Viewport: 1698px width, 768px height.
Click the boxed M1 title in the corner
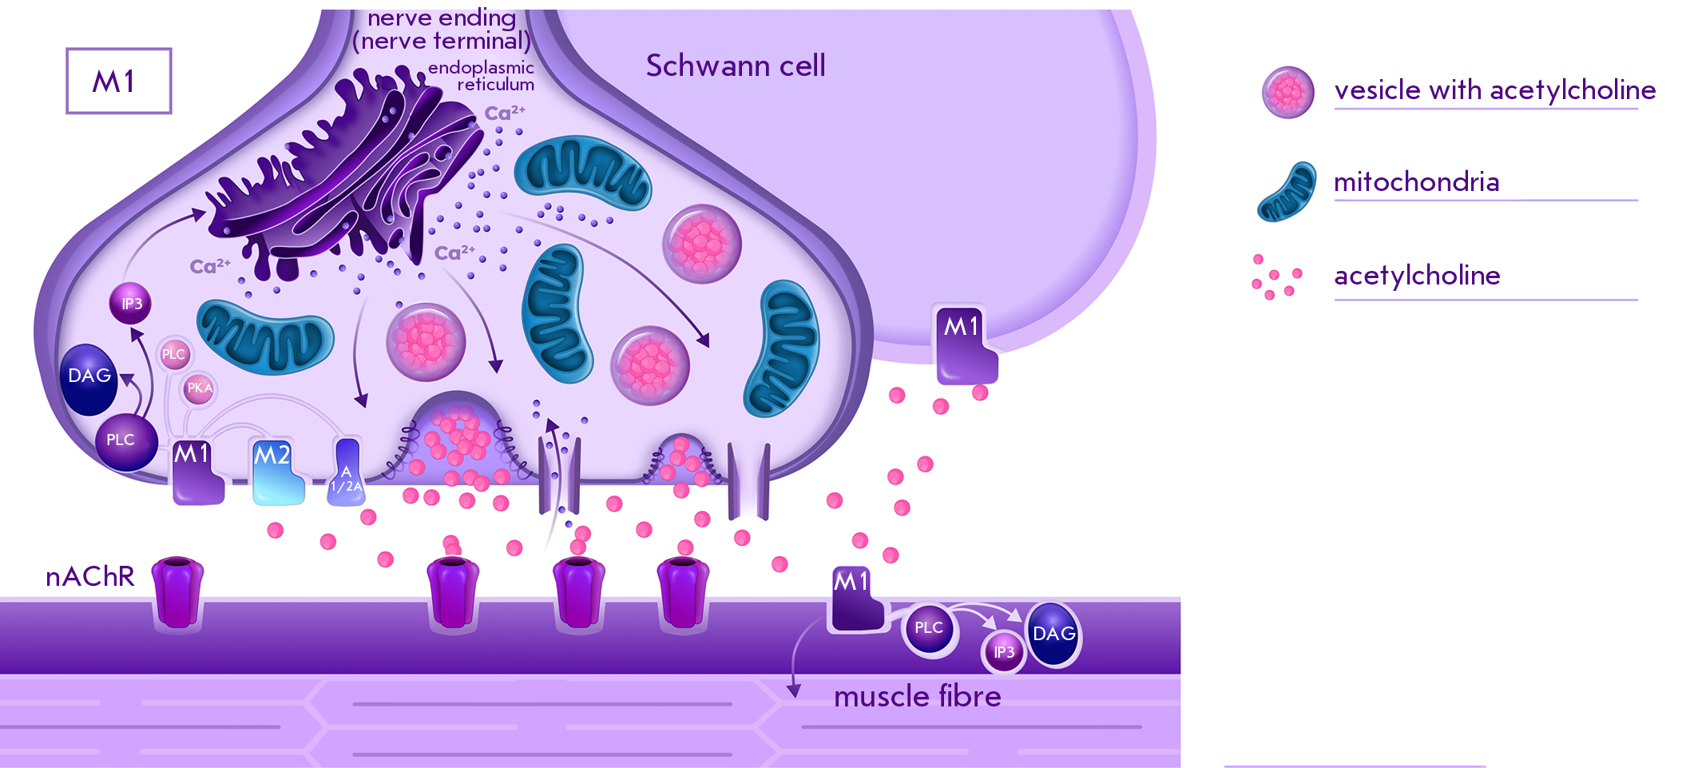click(x=118, y=81)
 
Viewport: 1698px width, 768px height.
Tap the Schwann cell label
click(x=735, y=66)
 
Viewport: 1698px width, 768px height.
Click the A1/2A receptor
click(x=347, y=474)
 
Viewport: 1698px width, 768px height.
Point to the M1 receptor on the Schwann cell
click(x=966, y=344)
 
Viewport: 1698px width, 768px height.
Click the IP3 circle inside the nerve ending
click(x=131, y=304)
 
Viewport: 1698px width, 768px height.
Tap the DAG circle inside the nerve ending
click(x=89, y=378)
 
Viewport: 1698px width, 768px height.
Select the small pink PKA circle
click(x=199, y=388)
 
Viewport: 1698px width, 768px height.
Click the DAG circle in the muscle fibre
click(x=1053, y=635)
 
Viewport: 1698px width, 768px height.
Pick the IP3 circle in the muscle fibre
click(x=1003, y=652)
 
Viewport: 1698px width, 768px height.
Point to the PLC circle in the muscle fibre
click(x=929, y=628)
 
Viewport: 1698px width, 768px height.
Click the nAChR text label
click(x=89, y=576)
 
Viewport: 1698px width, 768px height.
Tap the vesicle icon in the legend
click(x=1287, y=92)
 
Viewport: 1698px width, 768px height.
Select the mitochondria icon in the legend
click(x=1287, y=193)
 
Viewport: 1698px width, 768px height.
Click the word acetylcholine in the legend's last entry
click(x=1417, y=275)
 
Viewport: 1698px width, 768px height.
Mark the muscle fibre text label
click(x=917, y=697)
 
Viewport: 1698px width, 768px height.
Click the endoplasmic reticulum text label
click(x=482, y=76)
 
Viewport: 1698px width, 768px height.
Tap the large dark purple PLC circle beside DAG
click(x=125, y=441)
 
